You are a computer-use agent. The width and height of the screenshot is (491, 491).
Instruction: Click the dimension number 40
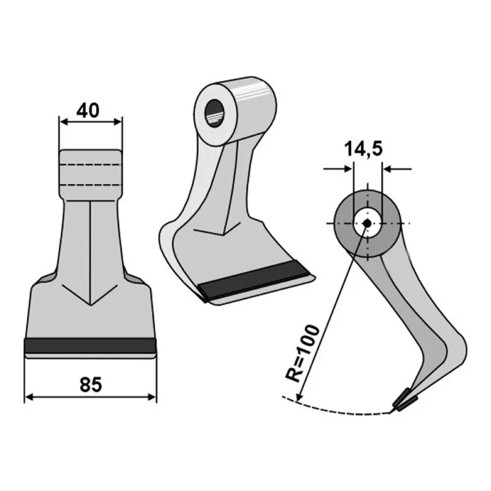coord(88,110)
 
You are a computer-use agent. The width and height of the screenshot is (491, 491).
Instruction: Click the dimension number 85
coord(91,385)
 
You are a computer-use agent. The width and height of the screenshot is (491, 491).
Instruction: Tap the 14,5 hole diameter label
coord(363,149)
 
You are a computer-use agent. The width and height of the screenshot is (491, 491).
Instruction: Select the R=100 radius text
coord(303,354)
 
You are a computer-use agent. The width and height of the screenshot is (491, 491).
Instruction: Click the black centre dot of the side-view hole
coord(367,223)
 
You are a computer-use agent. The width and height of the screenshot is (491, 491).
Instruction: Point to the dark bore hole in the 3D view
coord(214,113)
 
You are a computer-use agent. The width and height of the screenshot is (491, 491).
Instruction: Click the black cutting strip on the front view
coord(90,346)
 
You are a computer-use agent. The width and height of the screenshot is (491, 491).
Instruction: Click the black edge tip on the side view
coord(406,400)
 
